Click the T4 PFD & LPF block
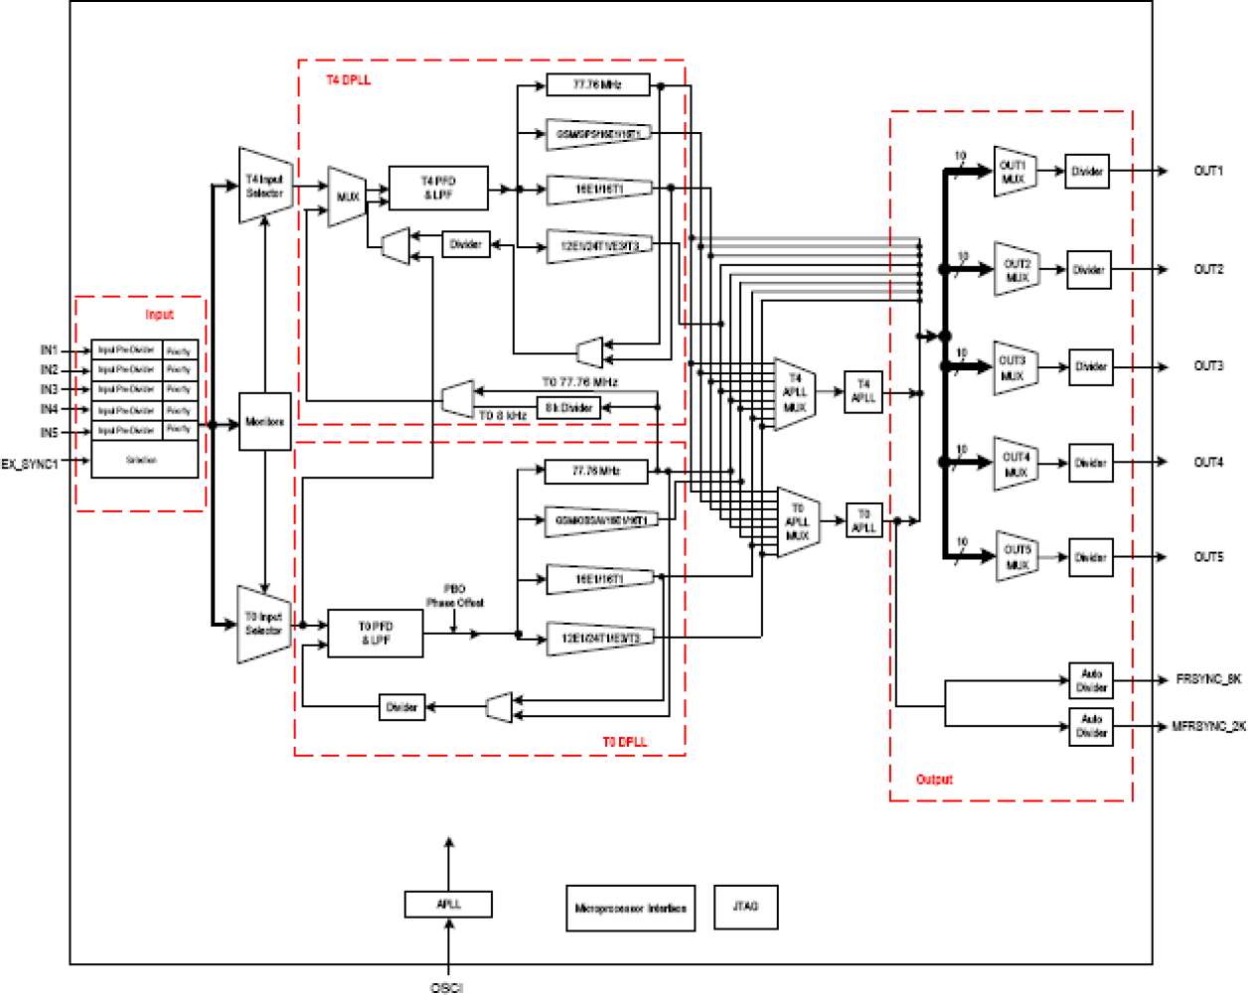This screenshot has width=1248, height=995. tap(438, 189)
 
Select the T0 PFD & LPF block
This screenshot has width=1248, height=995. tap(376, 634)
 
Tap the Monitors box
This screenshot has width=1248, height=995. tap(264, 422)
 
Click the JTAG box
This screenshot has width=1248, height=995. tap(745, 907)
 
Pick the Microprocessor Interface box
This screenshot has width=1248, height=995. tap(630, 909)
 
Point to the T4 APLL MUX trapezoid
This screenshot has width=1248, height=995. tap(795, 394)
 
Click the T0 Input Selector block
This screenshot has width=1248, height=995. tap(263, 625)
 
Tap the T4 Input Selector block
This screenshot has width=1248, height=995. tap(265, 187)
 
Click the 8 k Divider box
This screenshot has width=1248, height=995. tap(568, 407)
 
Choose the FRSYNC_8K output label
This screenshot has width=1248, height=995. tap(1208, 680)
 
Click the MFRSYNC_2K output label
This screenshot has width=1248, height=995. tap(1208, 727)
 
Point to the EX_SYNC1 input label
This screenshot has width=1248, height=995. tap(30, 464)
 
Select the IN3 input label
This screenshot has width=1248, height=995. tap(49, 389)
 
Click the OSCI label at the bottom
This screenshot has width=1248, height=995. tap(447, 987)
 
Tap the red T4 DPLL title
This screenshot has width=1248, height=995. tap(349, 79)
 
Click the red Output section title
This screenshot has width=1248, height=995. tap(934, 780)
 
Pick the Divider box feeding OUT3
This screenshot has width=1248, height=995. tap(1090, 367)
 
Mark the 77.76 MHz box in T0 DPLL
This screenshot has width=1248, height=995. tap(596, 472)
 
